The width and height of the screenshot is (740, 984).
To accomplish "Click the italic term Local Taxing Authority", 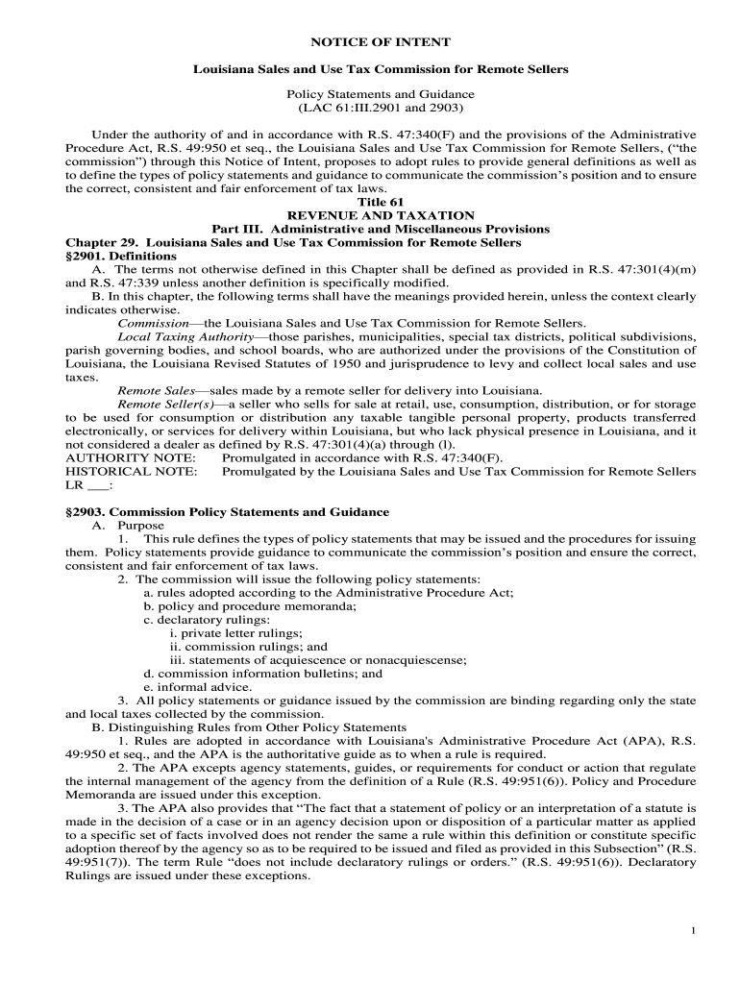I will click(x=185, y=337).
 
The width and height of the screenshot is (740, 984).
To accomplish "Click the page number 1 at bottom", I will click(x=693, y=931).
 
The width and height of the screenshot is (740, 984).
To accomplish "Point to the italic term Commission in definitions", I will click(x=152, y=324).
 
